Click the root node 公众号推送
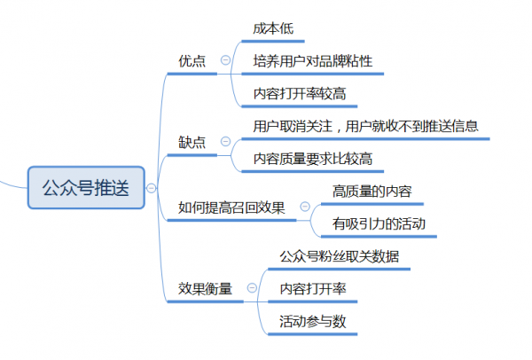click(85, 187)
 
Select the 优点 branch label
click(192, 60)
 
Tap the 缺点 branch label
click(192, 142)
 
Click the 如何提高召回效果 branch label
click(231, 207)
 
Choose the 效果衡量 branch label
click(205, 287)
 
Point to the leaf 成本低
click(272, 29)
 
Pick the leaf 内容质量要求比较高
click(312, 159)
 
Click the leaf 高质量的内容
click(372, 191)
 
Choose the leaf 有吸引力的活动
click(378, 223)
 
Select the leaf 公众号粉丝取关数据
click(339, 255)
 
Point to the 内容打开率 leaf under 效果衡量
click(312, 288)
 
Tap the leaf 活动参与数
click(312, 320)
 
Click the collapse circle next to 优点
click(225, 60)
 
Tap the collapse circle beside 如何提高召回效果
click(305, 207)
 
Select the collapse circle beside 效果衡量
click(252, 287)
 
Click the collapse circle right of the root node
click(152, 187)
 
